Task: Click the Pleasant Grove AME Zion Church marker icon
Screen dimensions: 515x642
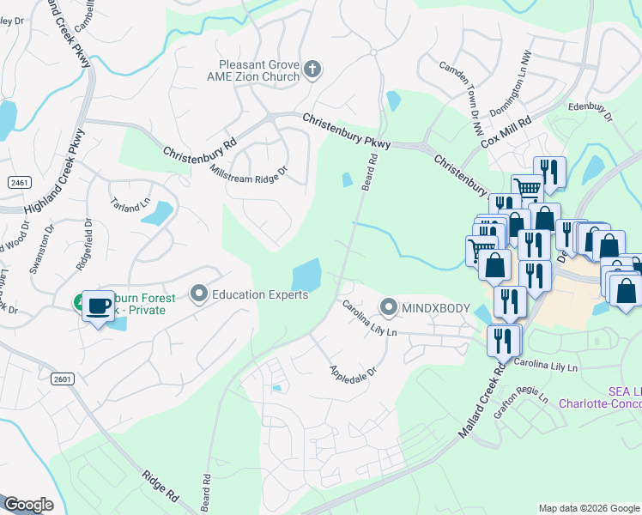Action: (312, 69)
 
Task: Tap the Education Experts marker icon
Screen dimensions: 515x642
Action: (199, 295)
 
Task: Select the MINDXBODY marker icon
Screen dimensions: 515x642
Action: (389, 306)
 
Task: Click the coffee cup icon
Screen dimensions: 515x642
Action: (99, 306)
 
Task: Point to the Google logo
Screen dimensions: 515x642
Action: (28, 505)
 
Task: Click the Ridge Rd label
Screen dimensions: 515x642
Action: (160, 483)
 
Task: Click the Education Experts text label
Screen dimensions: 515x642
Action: (260, 295)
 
